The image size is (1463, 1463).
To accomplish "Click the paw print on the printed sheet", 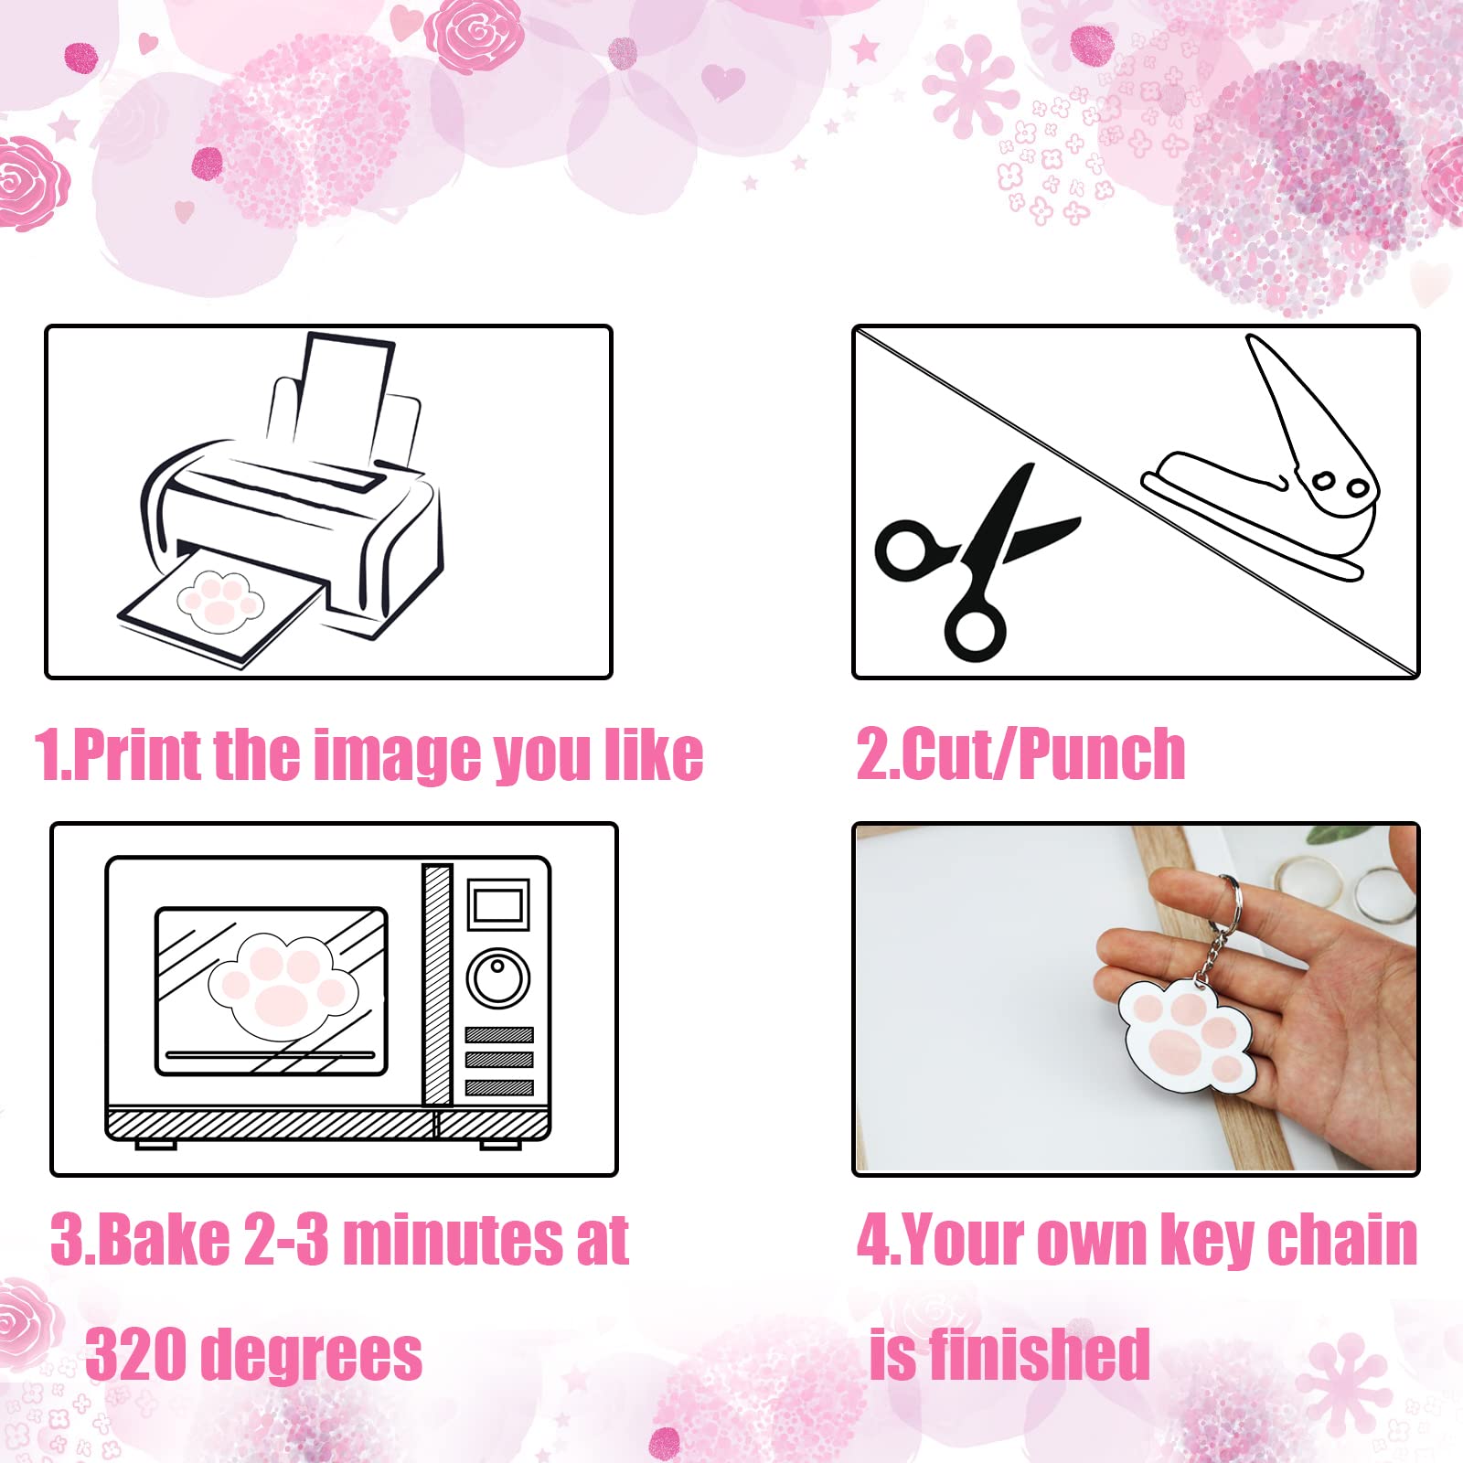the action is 219,601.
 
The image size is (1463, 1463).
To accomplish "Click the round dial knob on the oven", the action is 498,977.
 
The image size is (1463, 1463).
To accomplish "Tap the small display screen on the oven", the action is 499,905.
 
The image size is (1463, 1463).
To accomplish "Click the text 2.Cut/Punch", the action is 1020,755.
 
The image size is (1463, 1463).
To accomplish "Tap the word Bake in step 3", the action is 164,1240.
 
